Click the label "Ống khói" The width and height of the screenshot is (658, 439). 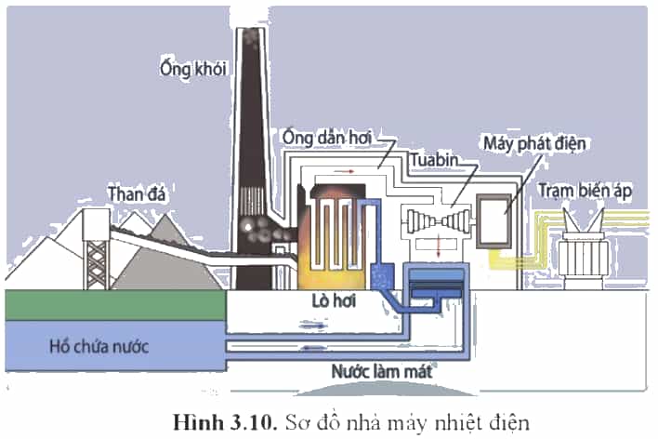[193, 69]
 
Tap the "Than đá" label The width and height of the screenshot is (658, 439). [137, 194]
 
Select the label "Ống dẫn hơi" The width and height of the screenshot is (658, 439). [327, 139]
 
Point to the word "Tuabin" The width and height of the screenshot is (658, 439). [434, 160]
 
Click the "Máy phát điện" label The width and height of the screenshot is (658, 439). [534, 143]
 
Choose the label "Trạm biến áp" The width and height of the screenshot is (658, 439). [585, 191]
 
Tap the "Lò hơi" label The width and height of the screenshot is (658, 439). [334, 300]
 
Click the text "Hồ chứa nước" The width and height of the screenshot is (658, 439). [99, 347]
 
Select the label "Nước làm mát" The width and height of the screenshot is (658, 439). [381, 372]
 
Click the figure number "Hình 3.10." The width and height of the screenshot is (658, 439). [225, 422]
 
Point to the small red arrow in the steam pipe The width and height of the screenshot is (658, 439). [347, 171]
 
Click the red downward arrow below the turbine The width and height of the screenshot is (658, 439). [439, 246]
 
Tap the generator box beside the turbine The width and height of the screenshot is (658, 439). [493, 221]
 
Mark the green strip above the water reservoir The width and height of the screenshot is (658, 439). [116, 305]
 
